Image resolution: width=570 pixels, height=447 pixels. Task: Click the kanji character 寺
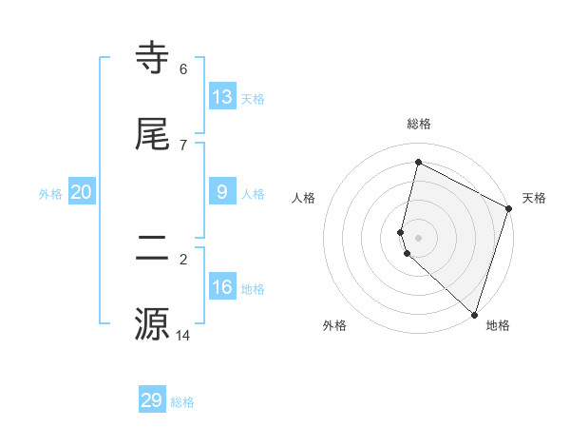(x=153, y=58)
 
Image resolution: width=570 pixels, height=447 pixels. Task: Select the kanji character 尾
(x=153, y=135)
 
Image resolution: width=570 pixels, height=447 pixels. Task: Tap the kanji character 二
(x=153, y=248)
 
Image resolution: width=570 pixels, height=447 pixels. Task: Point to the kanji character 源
(x=153, y=324)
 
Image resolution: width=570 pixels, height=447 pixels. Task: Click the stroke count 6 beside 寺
(x=182, y=68)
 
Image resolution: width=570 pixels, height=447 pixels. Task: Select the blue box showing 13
(x=222, y=97)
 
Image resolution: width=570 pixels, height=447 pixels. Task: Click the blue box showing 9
(x=222, y=192)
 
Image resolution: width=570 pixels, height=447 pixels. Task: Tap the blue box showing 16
(x=222, y=287)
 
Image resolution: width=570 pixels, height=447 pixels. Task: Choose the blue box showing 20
(x=81, y=192)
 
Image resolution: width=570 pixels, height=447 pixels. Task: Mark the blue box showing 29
(x=152, y=400)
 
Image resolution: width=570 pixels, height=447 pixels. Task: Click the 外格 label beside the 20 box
(x=50, y=194)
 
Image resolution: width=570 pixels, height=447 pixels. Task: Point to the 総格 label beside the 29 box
(x=182, y=402)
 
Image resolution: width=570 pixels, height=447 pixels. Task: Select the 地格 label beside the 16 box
(x=253, y=289)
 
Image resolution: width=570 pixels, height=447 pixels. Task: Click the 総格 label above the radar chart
(x=419, y=124)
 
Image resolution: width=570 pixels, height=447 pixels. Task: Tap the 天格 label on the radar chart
(x=534, y=198)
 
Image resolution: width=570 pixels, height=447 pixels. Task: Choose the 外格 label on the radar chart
(x=334, y=325)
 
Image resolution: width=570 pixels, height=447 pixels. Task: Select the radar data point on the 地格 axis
(x=474, y=314)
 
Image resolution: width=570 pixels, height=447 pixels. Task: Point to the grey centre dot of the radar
(x=419, y=238)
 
